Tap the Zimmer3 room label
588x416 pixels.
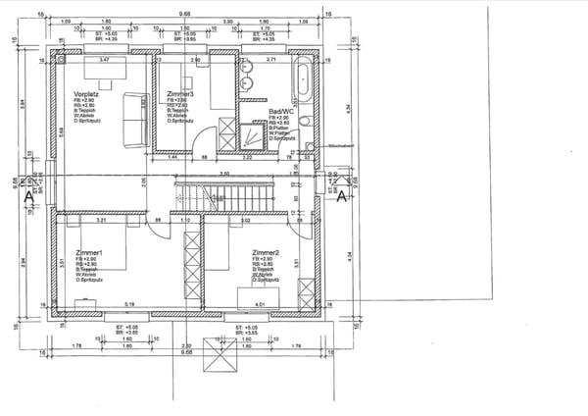pyautogui.click(x=180, y=93)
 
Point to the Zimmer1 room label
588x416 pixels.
pyautogui.click(x=88, y=253)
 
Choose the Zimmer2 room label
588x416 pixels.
pyautogui.click(x=267, y=253)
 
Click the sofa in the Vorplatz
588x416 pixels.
pyautogui.click(x=133, y=105)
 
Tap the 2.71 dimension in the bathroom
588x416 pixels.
pyautogui.click(x=271, y=61)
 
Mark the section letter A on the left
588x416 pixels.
pyautogui.click(x=28, y=195)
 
